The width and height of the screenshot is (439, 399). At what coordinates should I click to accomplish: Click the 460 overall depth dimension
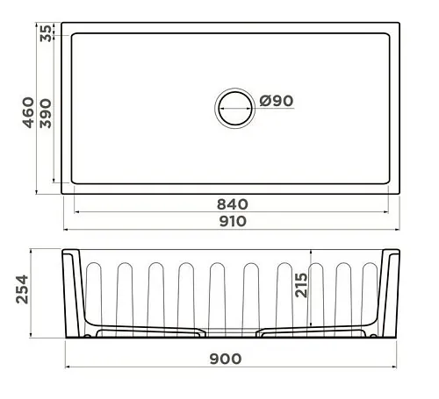point(28,112)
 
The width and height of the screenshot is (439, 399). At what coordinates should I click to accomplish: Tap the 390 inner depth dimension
point(46,114)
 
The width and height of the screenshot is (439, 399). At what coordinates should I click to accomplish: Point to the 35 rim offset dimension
point(46,33)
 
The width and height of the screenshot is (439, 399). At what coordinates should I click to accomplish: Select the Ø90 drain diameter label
point(277,101)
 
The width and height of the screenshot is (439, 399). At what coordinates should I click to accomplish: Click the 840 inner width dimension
point(233,204)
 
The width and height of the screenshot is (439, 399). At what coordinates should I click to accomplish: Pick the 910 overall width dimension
point(233,221)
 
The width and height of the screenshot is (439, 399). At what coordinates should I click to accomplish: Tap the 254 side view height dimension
point(22,289)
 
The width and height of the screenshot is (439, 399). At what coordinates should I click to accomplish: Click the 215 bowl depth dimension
point(301,285)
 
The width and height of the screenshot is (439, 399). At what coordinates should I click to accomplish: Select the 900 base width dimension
point(226,359)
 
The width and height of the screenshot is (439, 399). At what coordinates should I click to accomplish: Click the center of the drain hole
point(234,108)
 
